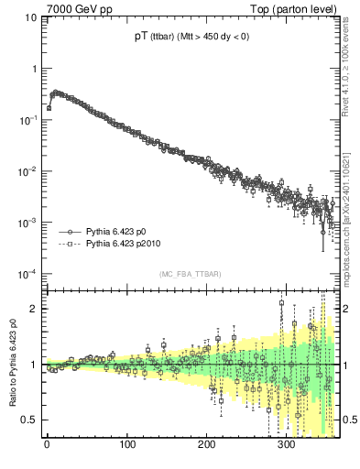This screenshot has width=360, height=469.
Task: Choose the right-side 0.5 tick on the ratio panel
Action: pos(348,420)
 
